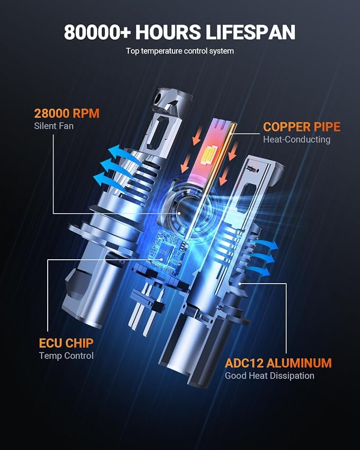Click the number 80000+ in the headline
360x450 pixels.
[97, 32]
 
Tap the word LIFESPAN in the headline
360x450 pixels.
[251, 32]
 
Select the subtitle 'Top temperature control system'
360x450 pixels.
[180, 51]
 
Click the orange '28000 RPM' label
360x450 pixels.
[67, 113]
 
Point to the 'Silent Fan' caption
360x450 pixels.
[54, 126]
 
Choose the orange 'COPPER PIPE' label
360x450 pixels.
[302, 127]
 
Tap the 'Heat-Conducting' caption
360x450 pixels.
[296, 139]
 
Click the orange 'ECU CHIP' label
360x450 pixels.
[66, 343]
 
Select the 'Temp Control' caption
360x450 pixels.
[66, 356]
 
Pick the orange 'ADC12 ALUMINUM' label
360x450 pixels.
[278, 363]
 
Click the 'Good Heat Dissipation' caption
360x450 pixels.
[269, 376]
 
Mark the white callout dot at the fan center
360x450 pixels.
[179, 213]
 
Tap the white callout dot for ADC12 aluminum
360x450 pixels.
[240, 284]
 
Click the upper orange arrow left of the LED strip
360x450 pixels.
[197, 136]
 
